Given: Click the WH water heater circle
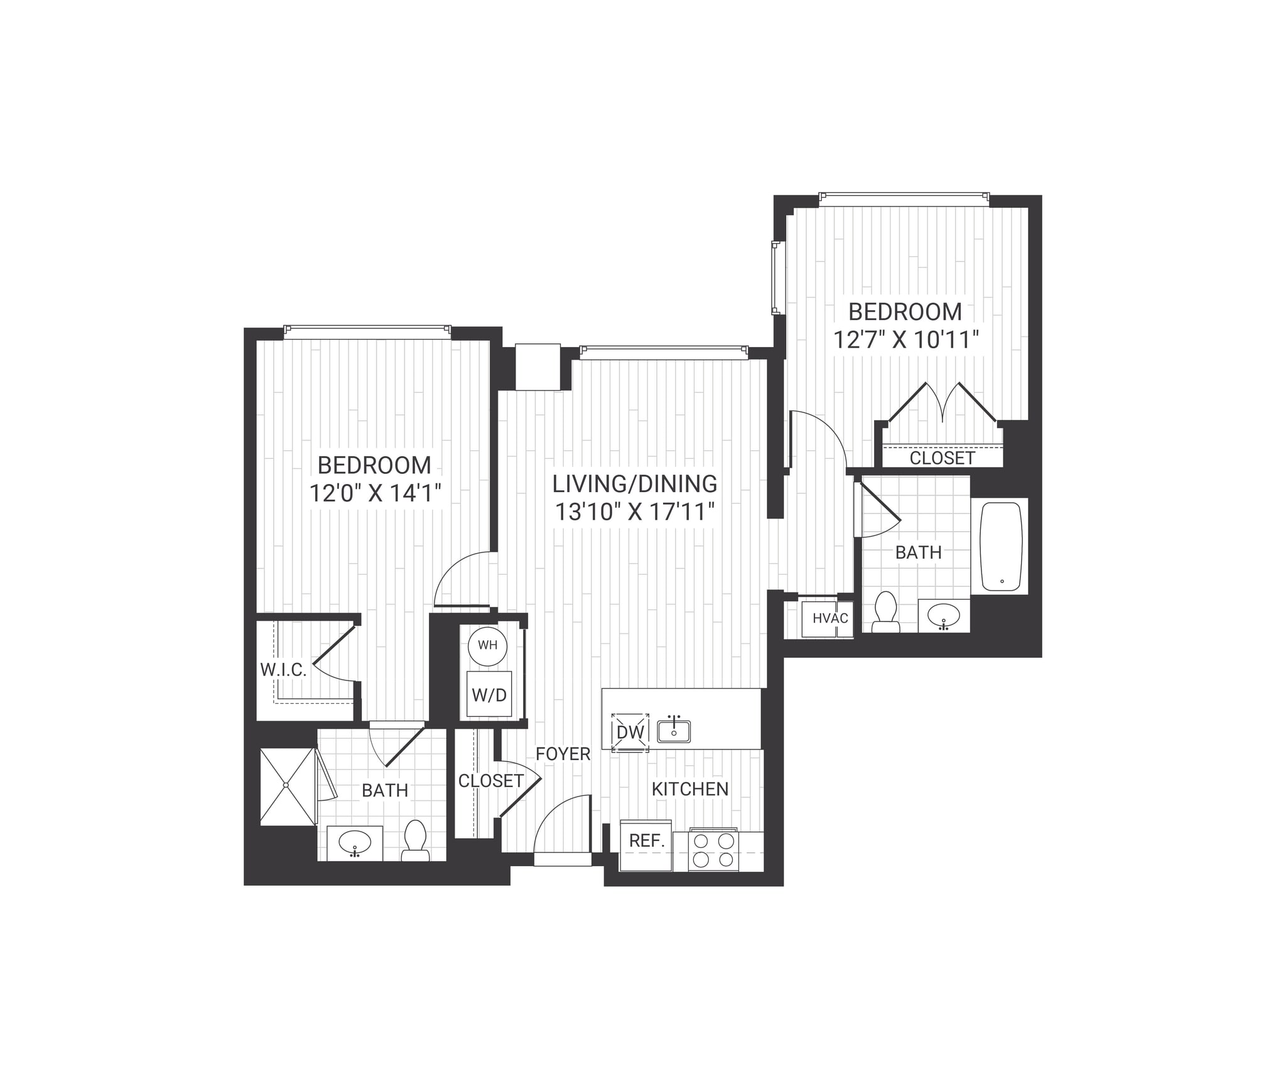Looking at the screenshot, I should (x=487, y=646).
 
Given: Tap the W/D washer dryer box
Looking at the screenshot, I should (x=489, y=694).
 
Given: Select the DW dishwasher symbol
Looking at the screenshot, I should (x=630, y=732).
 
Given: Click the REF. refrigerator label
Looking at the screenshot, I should (x=647, y=841).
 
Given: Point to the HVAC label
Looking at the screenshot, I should (x=830, y=618).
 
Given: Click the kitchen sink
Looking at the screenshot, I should (x=674, y=731).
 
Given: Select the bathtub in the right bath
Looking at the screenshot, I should (x=1001, y=546).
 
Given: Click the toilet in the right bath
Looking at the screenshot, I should (x=885, y=611).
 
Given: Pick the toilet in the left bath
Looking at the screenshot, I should (x=415, y=840).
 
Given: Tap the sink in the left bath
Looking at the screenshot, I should (x=355, y=842).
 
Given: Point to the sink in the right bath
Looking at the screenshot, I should (x=944, y=615).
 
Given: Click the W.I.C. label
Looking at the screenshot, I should (x=283, y=670).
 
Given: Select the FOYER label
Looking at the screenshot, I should (x=563, y=754).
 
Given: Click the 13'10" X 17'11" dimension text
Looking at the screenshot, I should (x=635, y=513).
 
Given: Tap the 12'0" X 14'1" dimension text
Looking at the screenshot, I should (x=375, y=493).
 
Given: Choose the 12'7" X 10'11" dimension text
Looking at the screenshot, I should (x=906, y=340).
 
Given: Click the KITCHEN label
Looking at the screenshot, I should (x=690, y=789).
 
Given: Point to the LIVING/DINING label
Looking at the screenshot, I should (x=635, y=484).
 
